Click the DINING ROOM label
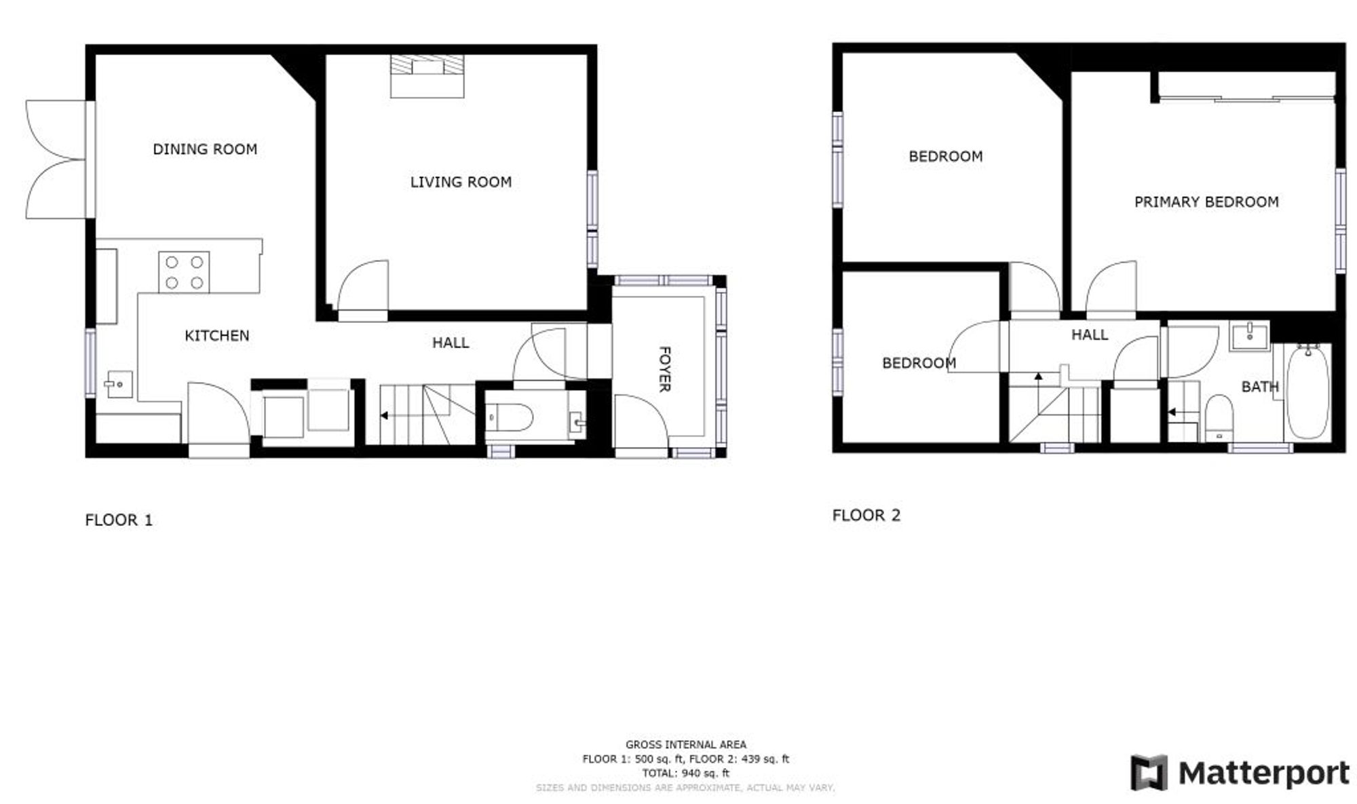coord(205,149)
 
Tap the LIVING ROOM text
coord(461,182)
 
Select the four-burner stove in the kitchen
coord(184,272)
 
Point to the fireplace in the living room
coord(427,75)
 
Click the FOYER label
coord(665,369)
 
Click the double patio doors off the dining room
coord(58,159)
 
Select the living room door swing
coord(363,288)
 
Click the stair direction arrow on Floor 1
coord(384,415)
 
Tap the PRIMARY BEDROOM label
coord(1206,202)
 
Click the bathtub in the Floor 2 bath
coord(1307,391)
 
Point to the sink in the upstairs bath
coord(1249,335)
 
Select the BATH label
coord(1259,387)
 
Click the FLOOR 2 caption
coord(866,516)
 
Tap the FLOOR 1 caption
coord(119,520)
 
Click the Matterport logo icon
coord(1149,773)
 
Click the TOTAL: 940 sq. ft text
coord(685,773)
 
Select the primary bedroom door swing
coord(1111,290)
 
